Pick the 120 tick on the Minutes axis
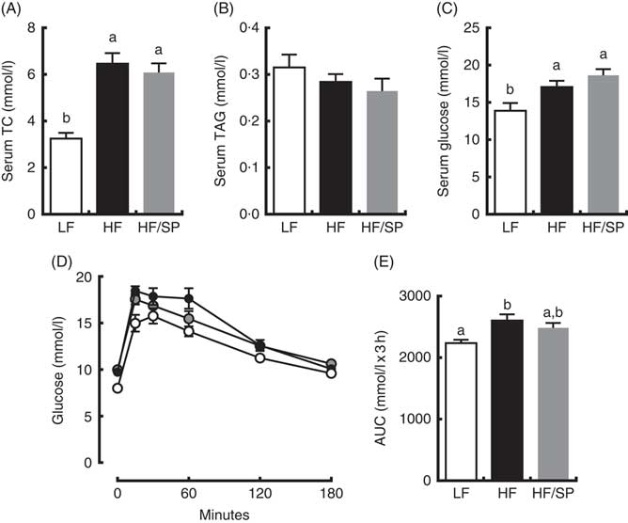[259, 489]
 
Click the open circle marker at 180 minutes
[329, 372]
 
